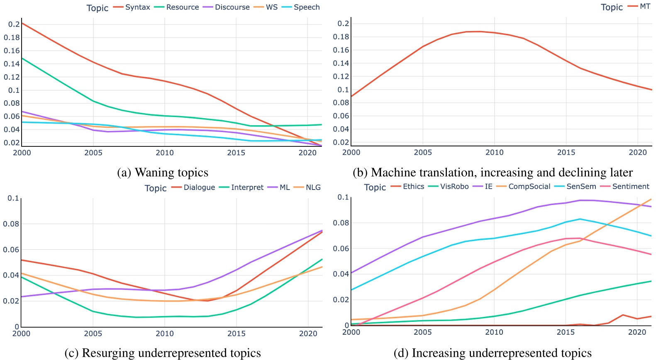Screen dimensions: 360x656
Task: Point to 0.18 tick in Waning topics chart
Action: coord(12,37)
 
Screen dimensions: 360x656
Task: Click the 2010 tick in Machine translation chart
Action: coord(494,153)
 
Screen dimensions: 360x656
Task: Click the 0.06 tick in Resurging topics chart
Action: coord(11,250)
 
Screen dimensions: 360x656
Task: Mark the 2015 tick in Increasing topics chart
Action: coord(566,332)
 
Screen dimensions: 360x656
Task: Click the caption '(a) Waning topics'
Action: coord(163,173)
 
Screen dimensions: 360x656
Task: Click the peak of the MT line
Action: coord(480,32)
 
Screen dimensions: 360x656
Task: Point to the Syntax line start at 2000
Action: coord(22,23)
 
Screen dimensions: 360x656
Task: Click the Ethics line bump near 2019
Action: coord(623,315)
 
